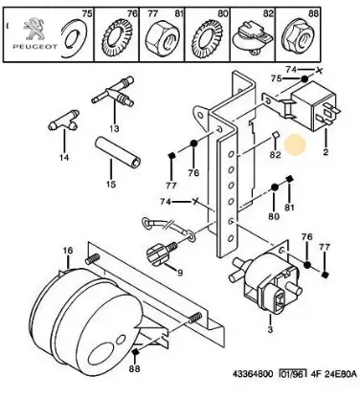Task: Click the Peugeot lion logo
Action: (x=34, y=30)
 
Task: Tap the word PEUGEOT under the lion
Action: (x=35, y=47)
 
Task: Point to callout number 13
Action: (x=114, y=129)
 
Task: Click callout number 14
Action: (x=64, y=157)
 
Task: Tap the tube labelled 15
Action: (x=118, y=151)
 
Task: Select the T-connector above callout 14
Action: (x=64, y=121)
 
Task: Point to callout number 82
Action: (x=275, y=155)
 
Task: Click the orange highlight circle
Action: (x=295, y=144)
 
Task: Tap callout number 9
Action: (x=180, y=273)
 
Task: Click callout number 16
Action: (x=68, y=251)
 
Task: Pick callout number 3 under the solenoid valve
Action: (x=270, y=329)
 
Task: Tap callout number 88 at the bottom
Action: (x=135, y=368)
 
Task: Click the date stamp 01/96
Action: (x=293, y=374)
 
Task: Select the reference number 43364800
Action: (x=253, y=374)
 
